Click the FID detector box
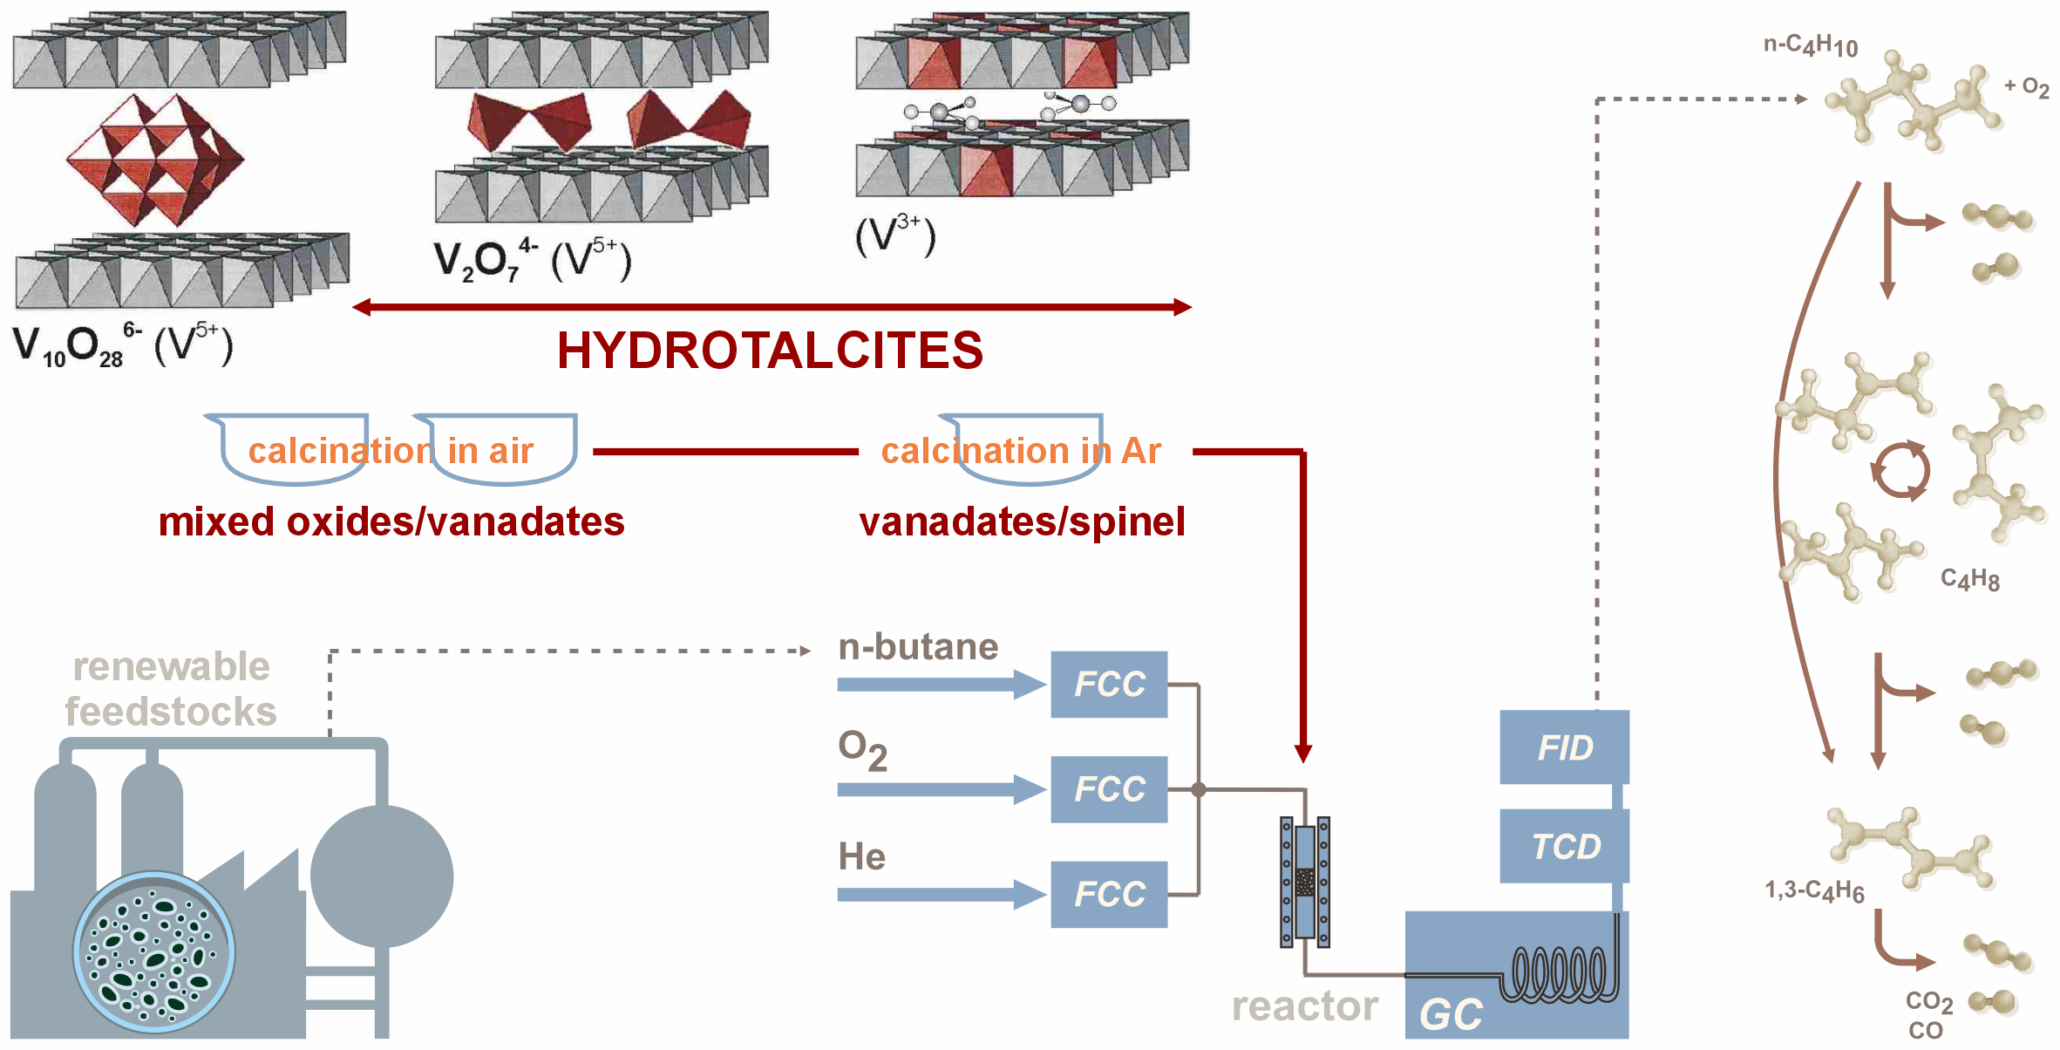[x=1564, y=747]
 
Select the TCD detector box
[x=1564, y=846]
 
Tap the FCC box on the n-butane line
[x=1109, y=685]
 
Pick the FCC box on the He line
[x=1109, y=894]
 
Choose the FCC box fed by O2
[x=1109, y=789]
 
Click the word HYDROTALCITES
[x=770, y=351]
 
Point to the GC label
[x=1451, y=1015]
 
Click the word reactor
[x=1304, y=1006]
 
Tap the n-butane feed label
[x=918, y=647]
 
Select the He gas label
[x=861, y=856]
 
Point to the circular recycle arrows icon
[x=1900, y=470]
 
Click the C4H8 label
[x=1969, y=579]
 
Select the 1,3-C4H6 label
[x=1814, y=890]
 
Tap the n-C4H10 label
[x=1810, y=45]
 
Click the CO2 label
[x=1928, y=1002]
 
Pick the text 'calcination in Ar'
[x=1021, y=452]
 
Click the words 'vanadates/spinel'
[x=1022, y=522]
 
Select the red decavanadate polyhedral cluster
[x=155, y=160]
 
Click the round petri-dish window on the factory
[x=153, y=952]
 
